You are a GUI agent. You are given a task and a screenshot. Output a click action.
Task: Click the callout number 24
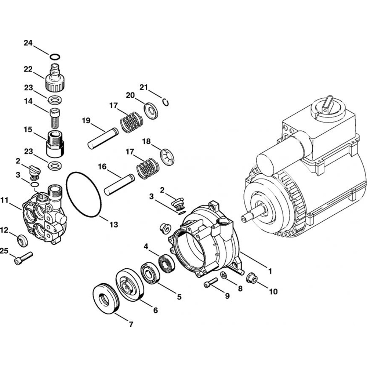[x=28, y=43]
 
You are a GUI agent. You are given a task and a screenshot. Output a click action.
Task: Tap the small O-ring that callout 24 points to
[x=55, y=57]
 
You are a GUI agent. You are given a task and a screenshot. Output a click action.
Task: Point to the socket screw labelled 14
[x=55, y=117]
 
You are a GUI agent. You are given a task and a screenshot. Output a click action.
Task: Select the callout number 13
[x=114, y=225]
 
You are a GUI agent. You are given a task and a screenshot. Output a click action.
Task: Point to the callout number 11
[x=4, y=200]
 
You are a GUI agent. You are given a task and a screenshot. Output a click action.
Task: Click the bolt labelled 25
[x=23, y=257]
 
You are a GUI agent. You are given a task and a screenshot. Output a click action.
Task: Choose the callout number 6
[x=155, y=310]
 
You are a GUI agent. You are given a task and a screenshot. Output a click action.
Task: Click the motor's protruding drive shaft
[x=253, y=214]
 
